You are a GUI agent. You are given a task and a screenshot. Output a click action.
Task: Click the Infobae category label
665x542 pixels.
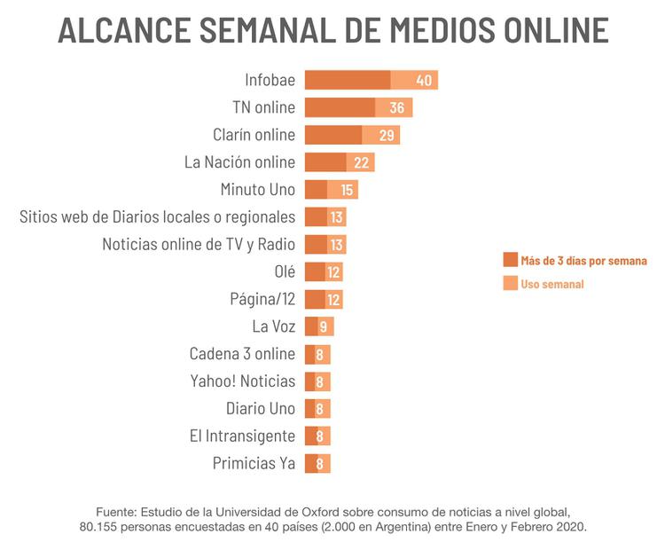[270, 81]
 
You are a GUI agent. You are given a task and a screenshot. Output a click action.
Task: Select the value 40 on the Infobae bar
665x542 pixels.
[424, 81]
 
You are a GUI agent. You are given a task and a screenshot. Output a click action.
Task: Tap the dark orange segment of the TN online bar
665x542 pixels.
[340, 108]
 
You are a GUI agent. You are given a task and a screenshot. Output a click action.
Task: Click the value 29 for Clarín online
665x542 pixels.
[386, 136]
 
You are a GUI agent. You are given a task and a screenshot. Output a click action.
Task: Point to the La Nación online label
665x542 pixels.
[239, 162]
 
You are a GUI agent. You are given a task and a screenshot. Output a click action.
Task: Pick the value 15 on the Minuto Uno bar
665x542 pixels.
[347, 190]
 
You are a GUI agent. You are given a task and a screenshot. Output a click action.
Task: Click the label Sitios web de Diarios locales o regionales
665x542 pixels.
[157, 217]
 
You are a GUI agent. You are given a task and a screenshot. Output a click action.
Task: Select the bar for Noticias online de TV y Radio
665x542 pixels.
[325, 245]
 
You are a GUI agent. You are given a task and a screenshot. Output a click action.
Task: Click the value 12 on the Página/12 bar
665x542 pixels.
[333, 300]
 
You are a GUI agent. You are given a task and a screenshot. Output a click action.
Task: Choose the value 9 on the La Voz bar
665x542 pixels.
[325, 327]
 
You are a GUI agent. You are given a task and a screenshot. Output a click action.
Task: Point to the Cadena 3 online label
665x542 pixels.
[242, 354]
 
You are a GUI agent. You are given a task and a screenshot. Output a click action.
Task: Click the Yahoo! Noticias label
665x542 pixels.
[242, 381]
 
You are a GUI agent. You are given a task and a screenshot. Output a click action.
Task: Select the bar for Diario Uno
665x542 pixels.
[317, 409]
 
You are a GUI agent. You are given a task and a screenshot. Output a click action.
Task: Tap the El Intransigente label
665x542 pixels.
[242, 436]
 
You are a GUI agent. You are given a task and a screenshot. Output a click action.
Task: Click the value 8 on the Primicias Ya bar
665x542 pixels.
[322, 464]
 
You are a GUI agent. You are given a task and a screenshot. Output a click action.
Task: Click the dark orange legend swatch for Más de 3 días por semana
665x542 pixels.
[510, 261]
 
